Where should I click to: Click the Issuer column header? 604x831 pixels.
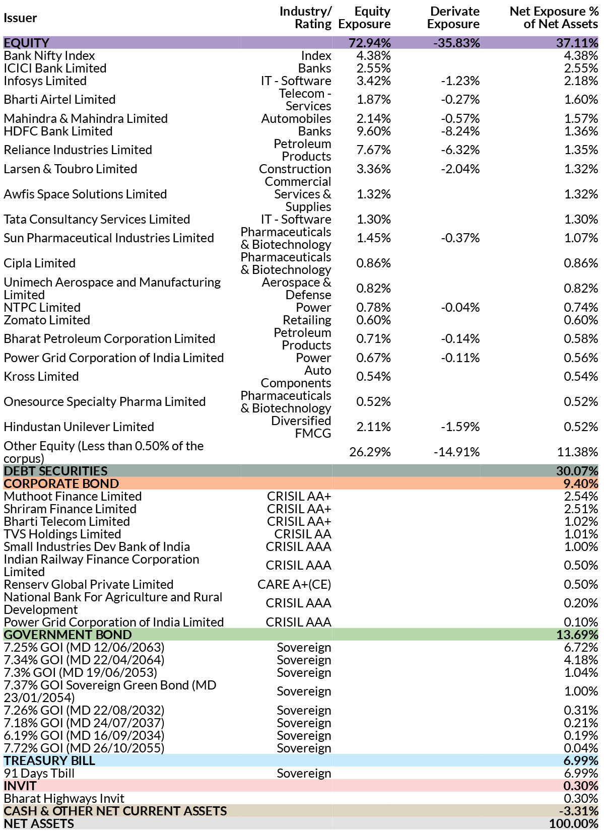21,18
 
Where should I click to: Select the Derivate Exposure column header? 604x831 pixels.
453,18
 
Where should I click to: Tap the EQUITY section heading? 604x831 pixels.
26,43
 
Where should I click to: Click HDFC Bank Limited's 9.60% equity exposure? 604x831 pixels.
374,131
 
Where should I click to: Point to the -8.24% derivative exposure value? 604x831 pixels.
460,131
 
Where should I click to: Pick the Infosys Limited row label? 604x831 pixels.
45,81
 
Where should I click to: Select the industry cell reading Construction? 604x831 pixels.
295,169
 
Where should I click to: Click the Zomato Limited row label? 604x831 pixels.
47,320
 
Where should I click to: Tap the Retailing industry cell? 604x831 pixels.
307,320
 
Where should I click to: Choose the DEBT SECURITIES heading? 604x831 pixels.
55,471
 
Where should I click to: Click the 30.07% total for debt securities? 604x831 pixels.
577,471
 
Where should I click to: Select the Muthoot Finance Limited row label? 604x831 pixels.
73,496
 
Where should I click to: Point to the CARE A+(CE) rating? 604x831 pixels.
294,584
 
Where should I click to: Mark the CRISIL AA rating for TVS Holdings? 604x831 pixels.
303,534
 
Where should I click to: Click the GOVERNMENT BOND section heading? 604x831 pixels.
68,635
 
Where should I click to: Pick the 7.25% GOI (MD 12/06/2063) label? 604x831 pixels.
84,647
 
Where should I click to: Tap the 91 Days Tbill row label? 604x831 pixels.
39,773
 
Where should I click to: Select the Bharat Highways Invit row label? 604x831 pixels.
64,798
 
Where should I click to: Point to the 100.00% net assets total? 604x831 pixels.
574,823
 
